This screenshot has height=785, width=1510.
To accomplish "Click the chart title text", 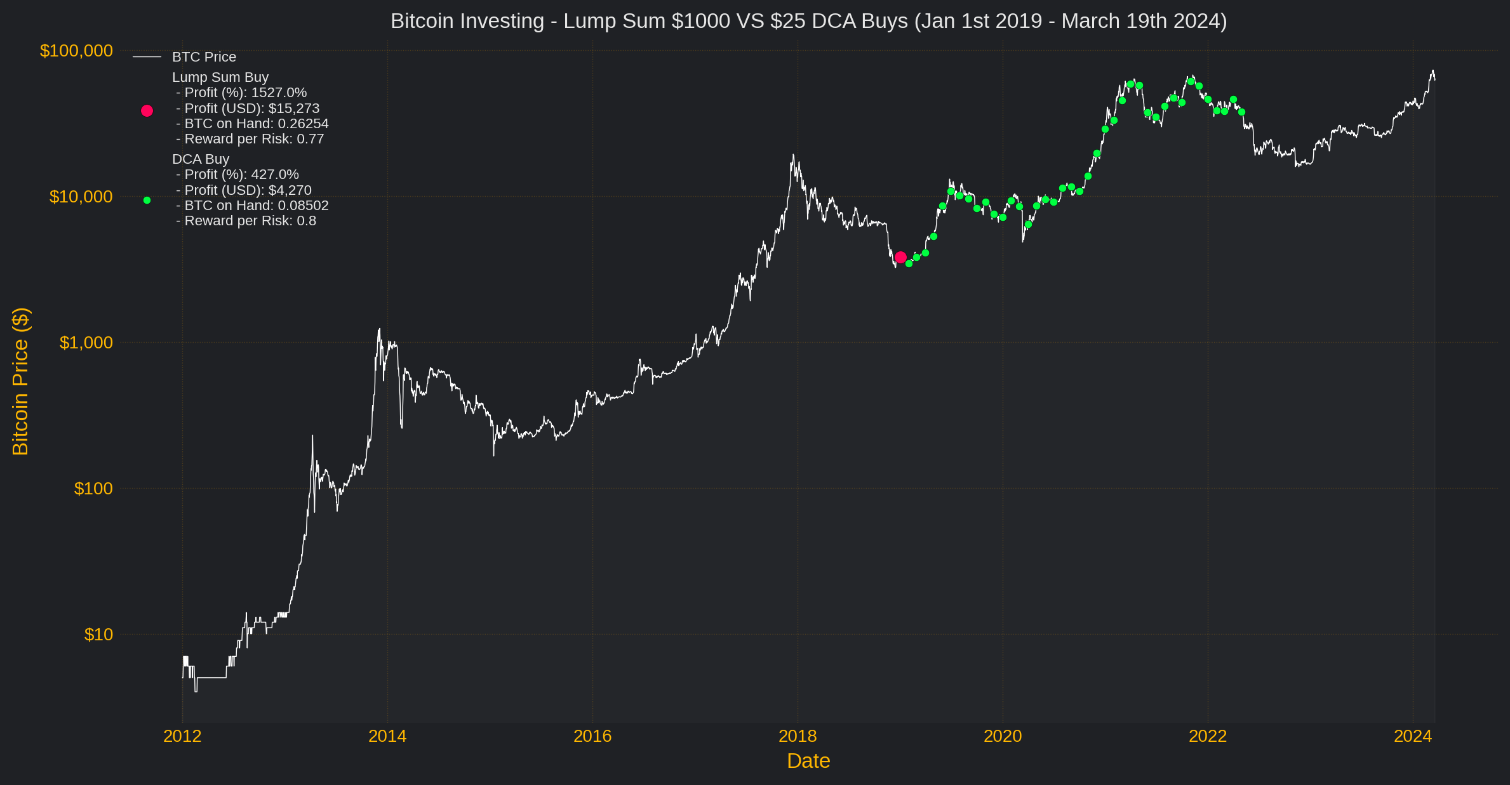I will click(808, 21).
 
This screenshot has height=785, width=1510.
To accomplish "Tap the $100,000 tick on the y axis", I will click(76, 51).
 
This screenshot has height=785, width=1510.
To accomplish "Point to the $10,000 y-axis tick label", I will click(81, 197).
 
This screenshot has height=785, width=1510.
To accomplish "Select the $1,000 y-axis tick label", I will click(86, 343).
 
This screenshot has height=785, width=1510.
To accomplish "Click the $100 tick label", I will click(93, 489).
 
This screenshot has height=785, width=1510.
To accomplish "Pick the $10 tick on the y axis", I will click(98, 635).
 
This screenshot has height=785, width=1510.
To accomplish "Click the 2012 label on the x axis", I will click(182, 736).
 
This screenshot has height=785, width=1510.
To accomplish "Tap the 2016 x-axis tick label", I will click(592, 736).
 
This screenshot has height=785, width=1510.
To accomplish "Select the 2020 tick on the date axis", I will click(1003, 736).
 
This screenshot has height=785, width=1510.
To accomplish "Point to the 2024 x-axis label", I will click(1413, 736).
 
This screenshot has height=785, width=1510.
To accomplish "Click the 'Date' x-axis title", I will click(808, 761).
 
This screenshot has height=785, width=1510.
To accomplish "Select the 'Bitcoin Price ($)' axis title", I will click(20, 381).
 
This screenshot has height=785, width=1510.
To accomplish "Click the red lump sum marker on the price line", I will click(900, 257).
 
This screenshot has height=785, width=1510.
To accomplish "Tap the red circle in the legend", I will click(147, 111).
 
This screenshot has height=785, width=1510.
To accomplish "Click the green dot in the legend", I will click(147, 201).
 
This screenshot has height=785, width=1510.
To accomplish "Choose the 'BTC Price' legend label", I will click(204, 57).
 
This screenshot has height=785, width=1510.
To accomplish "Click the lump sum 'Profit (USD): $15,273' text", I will click(248, 109).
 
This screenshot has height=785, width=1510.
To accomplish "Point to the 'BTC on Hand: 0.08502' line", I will click(253, 206).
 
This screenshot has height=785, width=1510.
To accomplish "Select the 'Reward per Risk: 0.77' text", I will click(250, 139).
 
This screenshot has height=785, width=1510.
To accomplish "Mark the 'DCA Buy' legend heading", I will click(201, 159).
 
